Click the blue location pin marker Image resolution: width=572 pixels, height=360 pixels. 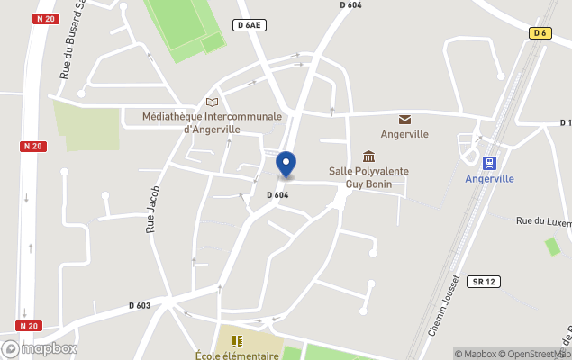pos(286,165)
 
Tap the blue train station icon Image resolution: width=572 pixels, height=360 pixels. pos(489,163)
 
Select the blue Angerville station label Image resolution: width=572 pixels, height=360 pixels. pos(489,178)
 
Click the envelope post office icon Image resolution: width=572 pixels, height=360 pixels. pos(404,120)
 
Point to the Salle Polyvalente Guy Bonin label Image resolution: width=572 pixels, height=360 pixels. pos(368,177)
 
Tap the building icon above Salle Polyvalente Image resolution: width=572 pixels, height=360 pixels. pos(368,157)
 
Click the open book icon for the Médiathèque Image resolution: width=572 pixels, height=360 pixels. pos(213,103)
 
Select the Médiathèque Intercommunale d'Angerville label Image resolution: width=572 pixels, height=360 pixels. pos(213,122)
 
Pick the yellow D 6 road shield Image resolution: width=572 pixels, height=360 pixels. pos(539,33)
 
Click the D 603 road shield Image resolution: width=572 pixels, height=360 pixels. pos(140,305)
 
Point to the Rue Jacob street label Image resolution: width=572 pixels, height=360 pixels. pos(153,210)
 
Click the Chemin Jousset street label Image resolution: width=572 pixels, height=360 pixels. pos(444,306)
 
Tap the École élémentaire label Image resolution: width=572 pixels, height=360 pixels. pos(237,355)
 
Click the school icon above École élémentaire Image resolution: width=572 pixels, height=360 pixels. pos(237,341)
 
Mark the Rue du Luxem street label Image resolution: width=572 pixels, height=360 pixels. pos(543,221)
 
